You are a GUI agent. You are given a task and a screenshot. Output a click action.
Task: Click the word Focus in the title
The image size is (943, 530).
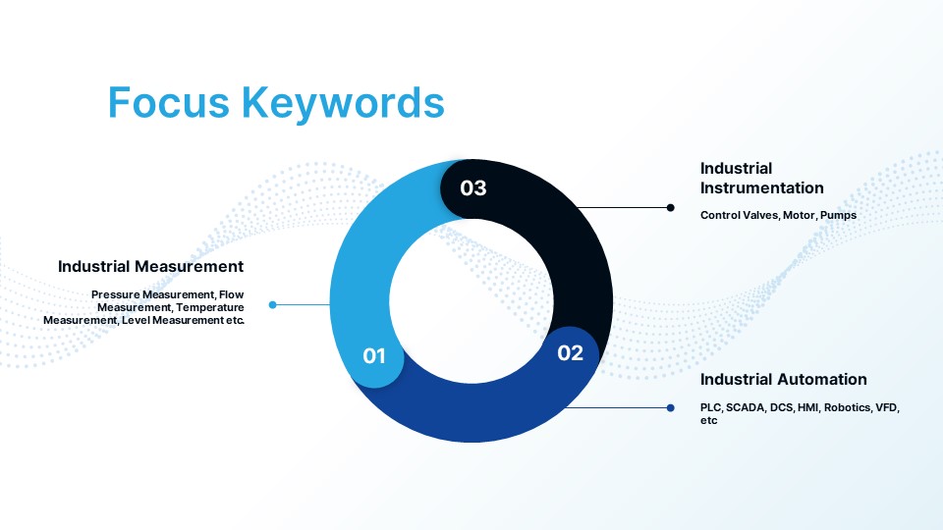click(169, 102)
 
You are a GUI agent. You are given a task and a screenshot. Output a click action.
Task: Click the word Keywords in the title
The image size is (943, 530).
click(344, 102)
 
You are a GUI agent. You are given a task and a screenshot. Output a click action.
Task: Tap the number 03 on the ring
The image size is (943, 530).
click(473, 188)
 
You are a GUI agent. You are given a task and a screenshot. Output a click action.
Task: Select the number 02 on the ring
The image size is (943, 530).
click(570, 352)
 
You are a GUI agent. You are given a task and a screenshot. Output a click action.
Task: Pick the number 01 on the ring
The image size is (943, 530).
click(374, 355)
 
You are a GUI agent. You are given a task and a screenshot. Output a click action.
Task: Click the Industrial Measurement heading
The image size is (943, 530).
click(151, 266)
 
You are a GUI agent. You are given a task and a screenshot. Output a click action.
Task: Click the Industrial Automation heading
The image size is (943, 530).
click(784, 379)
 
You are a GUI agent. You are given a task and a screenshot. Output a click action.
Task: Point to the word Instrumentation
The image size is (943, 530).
click(762, 188)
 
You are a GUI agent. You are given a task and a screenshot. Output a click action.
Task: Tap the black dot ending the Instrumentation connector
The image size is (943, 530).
click(671, 208)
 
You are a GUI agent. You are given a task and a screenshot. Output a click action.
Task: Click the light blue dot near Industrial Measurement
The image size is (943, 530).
click(272, 304)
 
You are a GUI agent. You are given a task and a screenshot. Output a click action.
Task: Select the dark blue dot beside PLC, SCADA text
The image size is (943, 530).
click(671, 408)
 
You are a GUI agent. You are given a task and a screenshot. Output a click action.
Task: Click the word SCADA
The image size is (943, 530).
click(746, 407)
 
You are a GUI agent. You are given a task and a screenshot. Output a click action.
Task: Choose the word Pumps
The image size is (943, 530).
click(838, 215)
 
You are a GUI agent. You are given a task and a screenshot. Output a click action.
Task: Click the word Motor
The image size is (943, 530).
click(800, 215)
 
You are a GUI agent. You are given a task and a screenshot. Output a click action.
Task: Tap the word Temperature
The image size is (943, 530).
click(210, 307)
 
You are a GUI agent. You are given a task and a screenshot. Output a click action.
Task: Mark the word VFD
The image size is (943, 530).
click(888, 407)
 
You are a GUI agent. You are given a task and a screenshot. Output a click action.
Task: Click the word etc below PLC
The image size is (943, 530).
click(709, 421)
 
